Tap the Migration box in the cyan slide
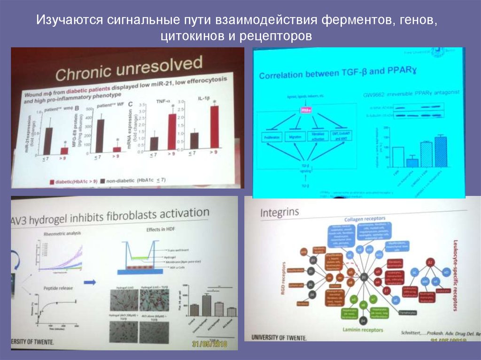[296, 137]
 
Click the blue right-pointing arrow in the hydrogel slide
[91, 283]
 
